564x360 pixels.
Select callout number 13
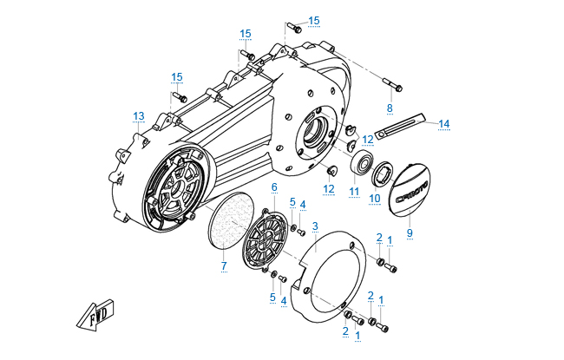(138, 116)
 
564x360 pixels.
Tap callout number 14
(443, 124)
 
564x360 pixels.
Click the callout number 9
(410, 232)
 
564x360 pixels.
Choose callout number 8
(390, 108)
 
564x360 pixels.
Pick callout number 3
(316, 226)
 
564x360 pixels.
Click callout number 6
(274, 187)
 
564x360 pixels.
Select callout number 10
(375, 198)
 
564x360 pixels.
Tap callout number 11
(354, 191)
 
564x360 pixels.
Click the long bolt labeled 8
(397, 86)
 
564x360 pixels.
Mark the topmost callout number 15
(314, 20)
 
